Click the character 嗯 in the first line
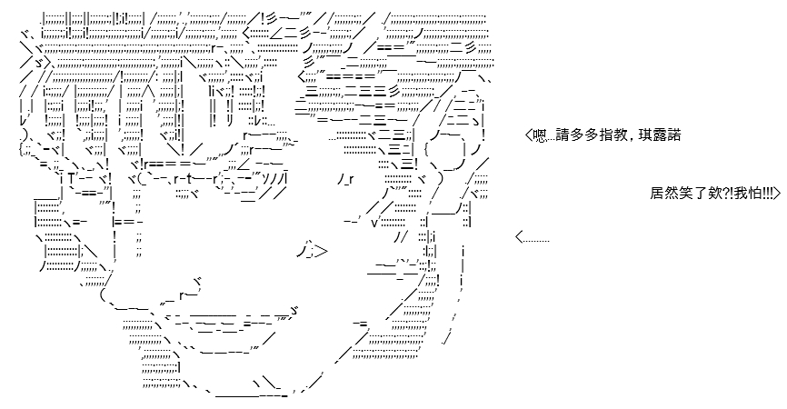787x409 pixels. (x=540, y=135)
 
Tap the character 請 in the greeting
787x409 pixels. (x=563, y=135)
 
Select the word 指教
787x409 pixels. (x=611, y=135)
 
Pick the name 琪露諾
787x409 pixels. (x=660, y=135)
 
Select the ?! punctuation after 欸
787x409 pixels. (x=727, y=194)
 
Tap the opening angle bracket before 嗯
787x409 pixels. (x=529, y=135)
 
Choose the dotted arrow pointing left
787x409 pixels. (x=532, y=237)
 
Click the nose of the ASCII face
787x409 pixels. (x=314, y=250)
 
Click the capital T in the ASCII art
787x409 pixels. (x=71, y=179)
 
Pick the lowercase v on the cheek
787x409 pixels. (x=374, y=223)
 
